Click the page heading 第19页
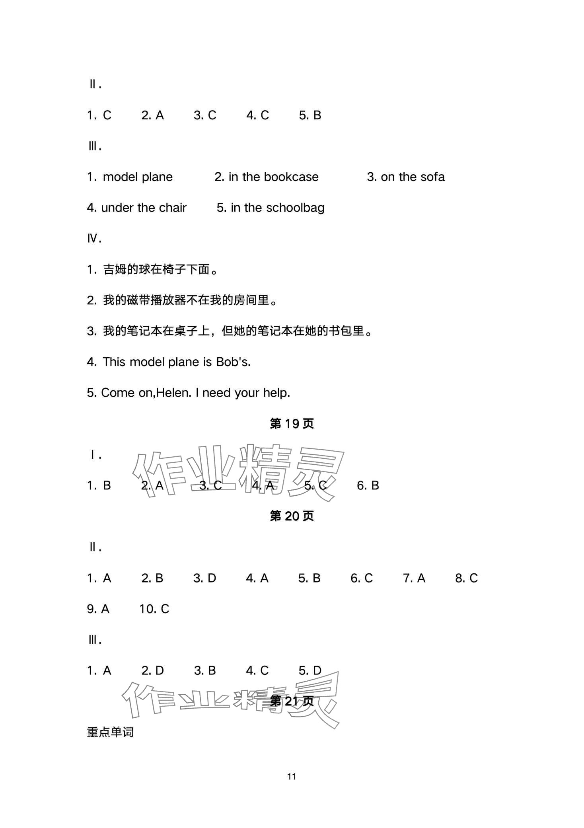click(292, 424)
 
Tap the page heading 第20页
click(292, 516)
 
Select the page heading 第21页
click(292, 701)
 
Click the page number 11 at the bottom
click(292, 776)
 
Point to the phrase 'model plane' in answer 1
click(138, 177)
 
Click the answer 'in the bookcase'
click(273, 177)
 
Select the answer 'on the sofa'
click(413, 177)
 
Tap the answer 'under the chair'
click(144, 208)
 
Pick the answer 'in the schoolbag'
click(277, 208)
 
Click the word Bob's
click(233, 362)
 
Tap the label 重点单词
click(110, 732)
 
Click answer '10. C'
click(154, 609)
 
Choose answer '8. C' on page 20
click(466, 578)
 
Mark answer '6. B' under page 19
click(368, 485)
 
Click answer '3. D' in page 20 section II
click(204, 578)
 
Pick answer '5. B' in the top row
click(310, 115)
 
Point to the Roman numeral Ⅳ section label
click(94, 239)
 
